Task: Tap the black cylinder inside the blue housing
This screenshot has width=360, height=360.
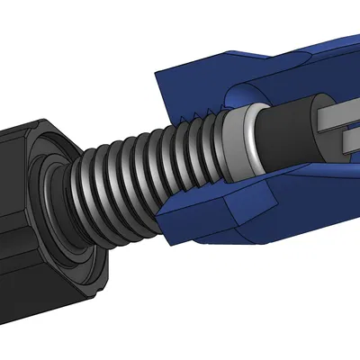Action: [288, 135]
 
